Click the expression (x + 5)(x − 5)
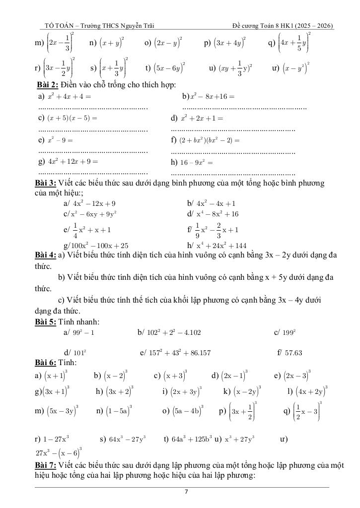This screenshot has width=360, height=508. (72, 119)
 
